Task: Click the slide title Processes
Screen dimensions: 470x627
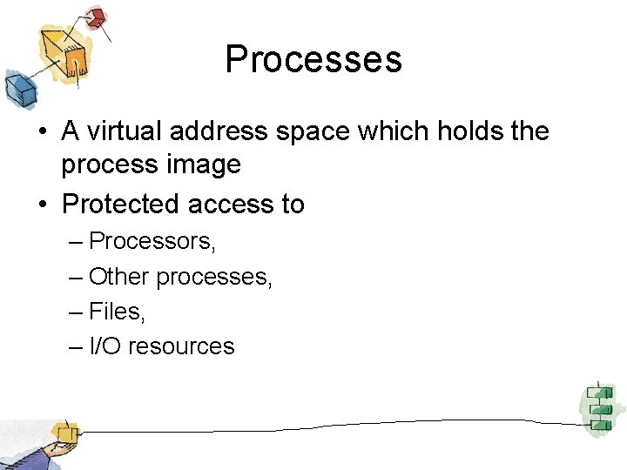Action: (313, 59)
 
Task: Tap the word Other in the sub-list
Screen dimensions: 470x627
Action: (119, 277)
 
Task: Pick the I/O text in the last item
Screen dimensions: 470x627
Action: (106, 346)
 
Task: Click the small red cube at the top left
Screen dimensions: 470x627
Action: (95, 17)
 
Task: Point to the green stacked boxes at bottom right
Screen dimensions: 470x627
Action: (598, 405)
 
